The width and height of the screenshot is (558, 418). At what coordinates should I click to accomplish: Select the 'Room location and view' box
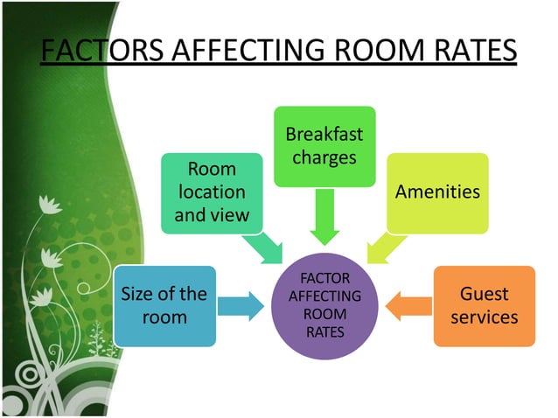point(213,192)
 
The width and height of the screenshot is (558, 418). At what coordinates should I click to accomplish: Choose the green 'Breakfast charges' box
point(324,146)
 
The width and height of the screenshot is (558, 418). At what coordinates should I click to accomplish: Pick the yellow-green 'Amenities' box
point(437,192)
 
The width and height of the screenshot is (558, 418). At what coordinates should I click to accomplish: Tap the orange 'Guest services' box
point(484,305)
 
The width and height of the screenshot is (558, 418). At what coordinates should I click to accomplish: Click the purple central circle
point(324,305)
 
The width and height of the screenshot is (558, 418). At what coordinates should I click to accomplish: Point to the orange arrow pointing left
point(408,306)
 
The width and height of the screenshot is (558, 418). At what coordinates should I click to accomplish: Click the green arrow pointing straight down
point(324,217)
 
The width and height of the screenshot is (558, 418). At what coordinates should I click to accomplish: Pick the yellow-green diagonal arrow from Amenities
point(380,247)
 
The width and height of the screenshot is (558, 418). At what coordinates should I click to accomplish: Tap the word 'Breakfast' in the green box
point(324,136)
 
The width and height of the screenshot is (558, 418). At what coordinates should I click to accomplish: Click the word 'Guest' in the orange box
point(484,294)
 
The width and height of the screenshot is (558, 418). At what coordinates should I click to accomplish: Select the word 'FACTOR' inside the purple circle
point(324,279)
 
